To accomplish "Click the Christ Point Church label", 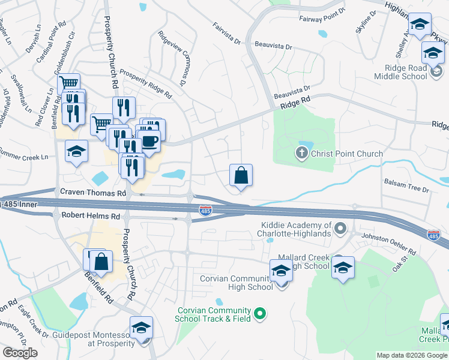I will coord(347,154).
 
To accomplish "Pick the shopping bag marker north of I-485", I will coord(241,176).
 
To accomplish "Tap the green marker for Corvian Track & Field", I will coord(260,313).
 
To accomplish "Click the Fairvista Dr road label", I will coord(226,34).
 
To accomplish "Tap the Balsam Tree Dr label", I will coord(406,189).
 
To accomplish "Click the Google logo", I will coord(20,353).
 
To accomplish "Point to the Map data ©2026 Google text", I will coord(411,355).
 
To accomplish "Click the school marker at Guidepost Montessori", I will coord(141,328).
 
